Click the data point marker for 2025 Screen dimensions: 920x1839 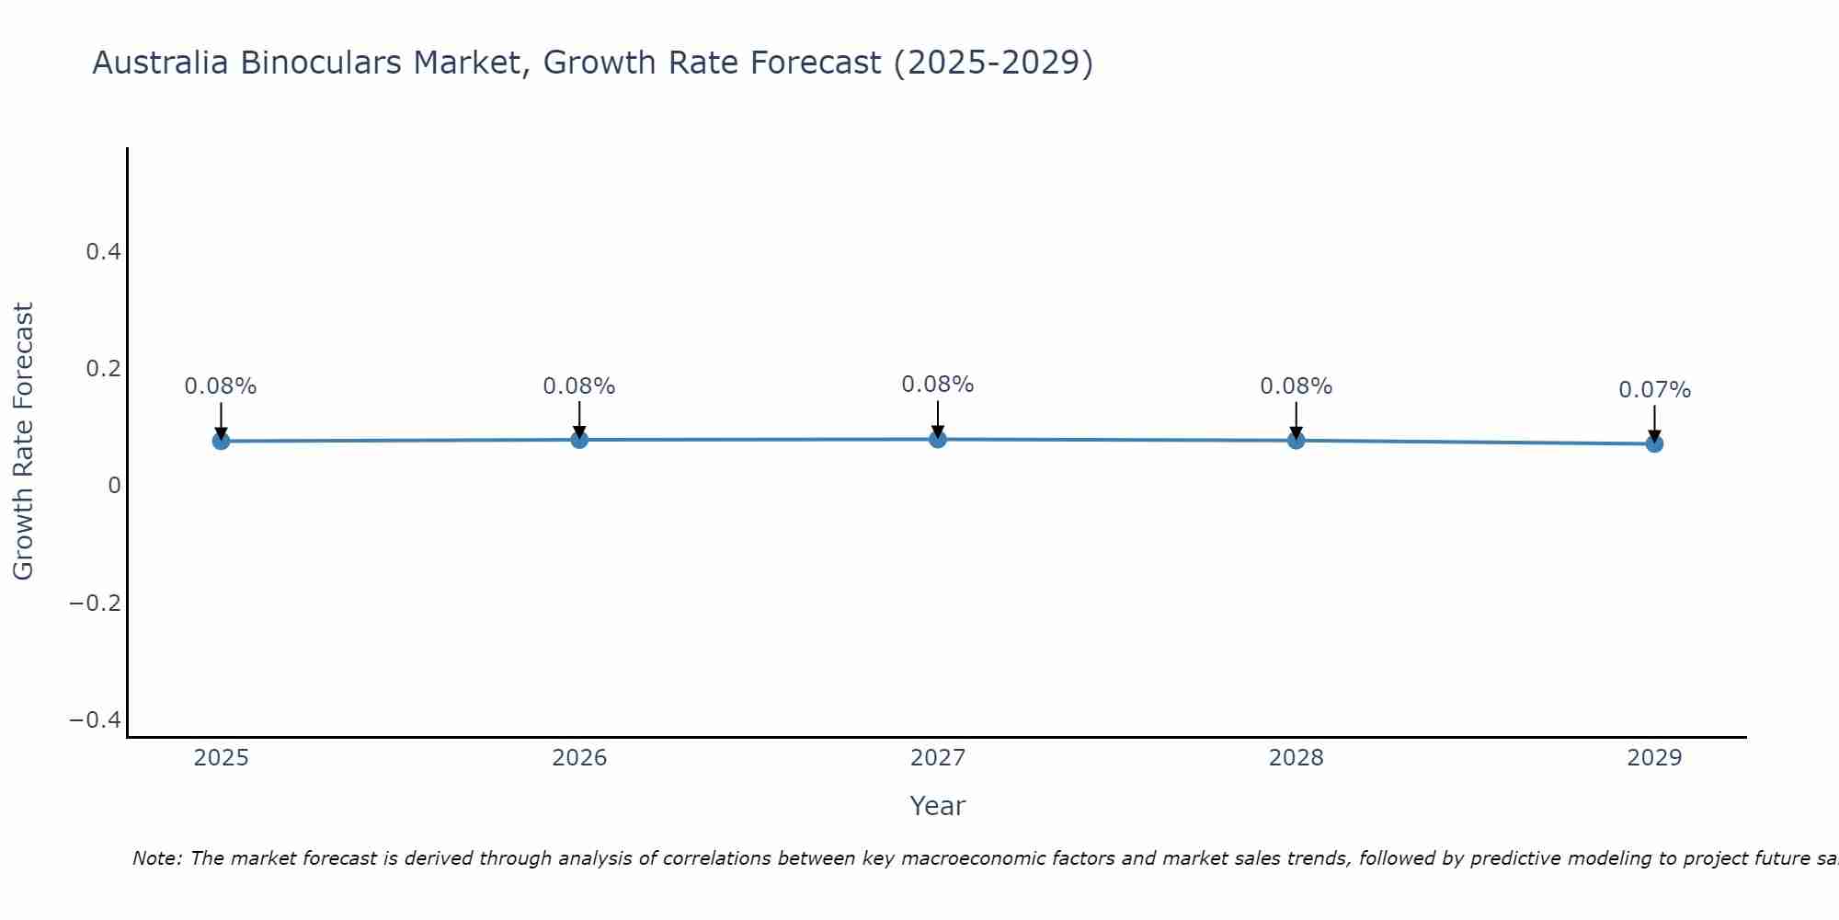pyautogui.click(x=221, y=441)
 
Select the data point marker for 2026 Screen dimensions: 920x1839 pyautogui.click(x=579, y=440)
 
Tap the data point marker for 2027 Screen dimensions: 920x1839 pyautogui.click(x=938, y=439)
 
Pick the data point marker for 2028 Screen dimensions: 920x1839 pyautogui.click(x=1296, y=440)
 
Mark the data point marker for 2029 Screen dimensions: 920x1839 pyautogui.click(x=1654, y=443)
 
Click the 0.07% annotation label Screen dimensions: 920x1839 pyautogui.click(x=1654, y=390)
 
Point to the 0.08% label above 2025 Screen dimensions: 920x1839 pyautogui.click(x=221, y=386)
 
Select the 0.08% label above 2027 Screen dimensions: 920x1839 pyautogui.click(x=938, y=385)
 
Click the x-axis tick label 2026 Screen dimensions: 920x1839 pyautogui.click(x=579, y=758)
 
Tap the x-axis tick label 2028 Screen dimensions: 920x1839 pyautogui.click(x=1296, y=758)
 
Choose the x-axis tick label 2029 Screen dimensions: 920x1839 pyautogui.click(x=1654, y=758)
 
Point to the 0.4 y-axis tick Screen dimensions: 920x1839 pyautogui.click(x=103, y=251)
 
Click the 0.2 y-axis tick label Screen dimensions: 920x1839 pyautogui.click(x=103, y=368)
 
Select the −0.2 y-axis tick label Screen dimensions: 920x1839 pyautogui.click(x=95, y=603)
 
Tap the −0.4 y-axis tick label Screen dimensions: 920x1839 pyautogui.click(x=95, y=719)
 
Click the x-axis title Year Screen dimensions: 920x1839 pyautogui.click(x=937, y=806)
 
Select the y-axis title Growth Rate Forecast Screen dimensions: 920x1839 pyautogui.click(x=23, y=441)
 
